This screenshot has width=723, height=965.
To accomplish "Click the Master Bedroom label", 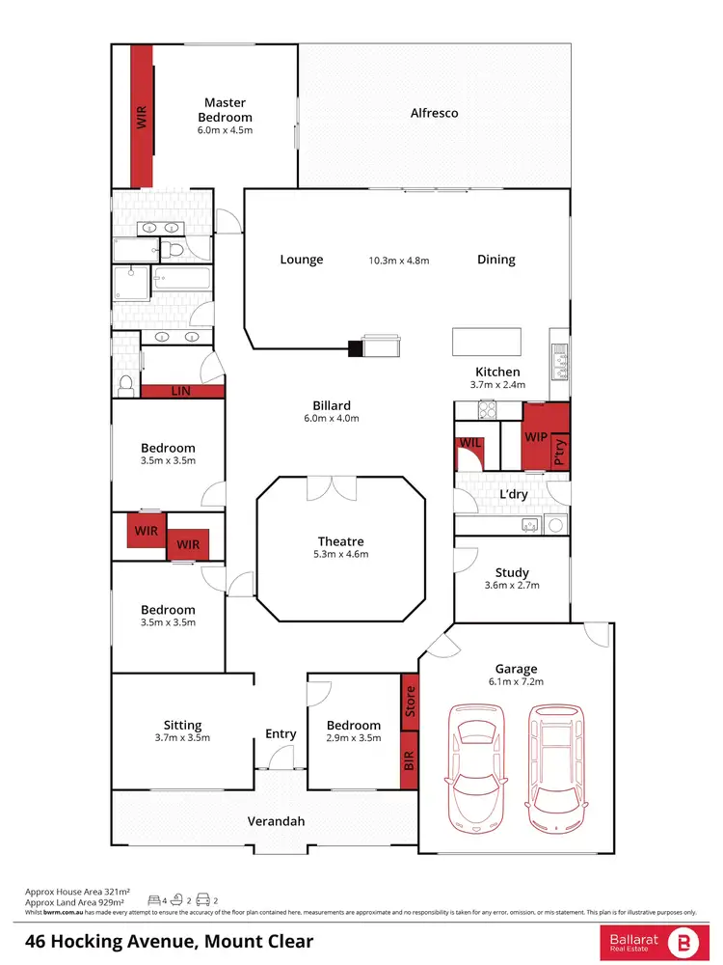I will tap(225, 109).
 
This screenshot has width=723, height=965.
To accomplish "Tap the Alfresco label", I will tap(434, 113).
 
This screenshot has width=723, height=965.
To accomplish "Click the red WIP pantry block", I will tap(536, 436).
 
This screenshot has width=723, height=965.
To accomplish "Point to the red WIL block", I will tap(469, 452).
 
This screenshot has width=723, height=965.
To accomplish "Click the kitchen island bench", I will tap(487, 342).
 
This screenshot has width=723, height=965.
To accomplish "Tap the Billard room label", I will tap(332, 405).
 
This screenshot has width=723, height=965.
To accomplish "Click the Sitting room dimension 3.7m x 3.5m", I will tap(182, 737).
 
